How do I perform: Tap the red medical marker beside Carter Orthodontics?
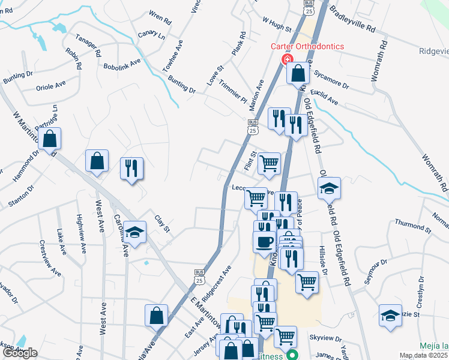[x=286, y=60]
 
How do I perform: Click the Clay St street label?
[x=163, y=223]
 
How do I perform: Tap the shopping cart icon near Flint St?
[x=270, y=163]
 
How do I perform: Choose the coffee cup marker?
[x=264, y=242]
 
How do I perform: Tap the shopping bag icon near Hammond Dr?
[x=50, y=139]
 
